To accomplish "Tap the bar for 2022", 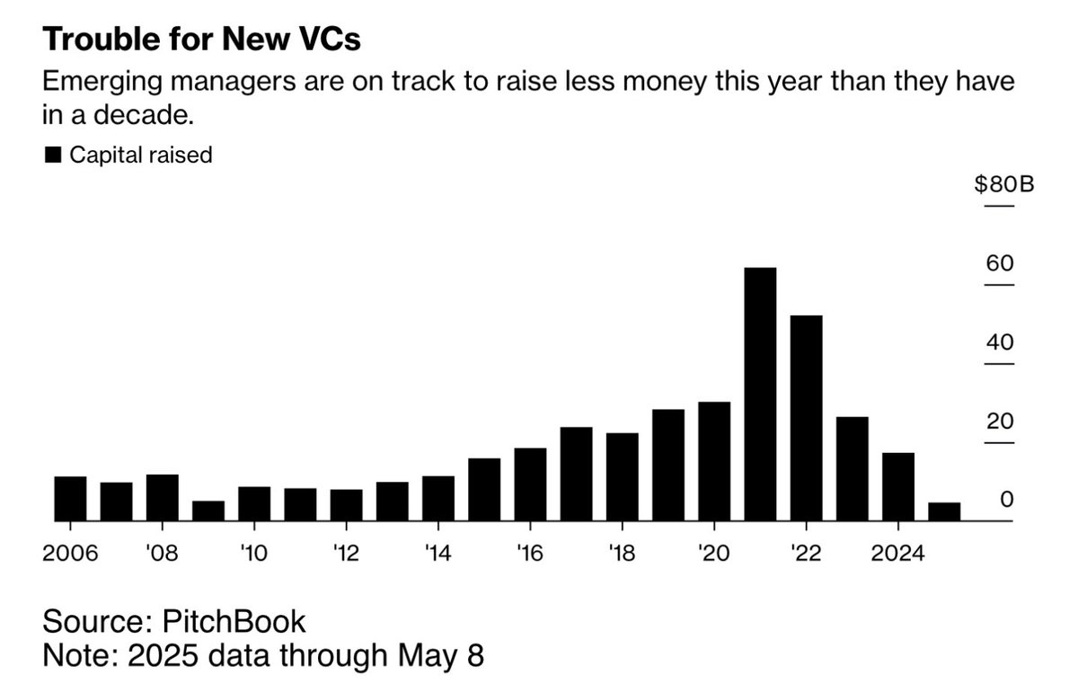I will [806, 418].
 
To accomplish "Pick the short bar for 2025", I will [944, 511].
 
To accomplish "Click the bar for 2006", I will [70, 499].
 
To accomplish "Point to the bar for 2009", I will [208, 511].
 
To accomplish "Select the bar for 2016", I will [530, 484].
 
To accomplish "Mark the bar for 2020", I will [714, 461].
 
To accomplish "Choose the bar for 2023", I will [852, 468].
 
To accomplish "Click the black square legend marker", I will [53, 156].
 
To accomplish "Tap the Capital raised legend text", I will [141, 155].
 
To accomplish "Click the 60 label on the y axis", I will [1000, 264].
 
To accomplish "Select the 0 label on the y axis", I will [1007, 499].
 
